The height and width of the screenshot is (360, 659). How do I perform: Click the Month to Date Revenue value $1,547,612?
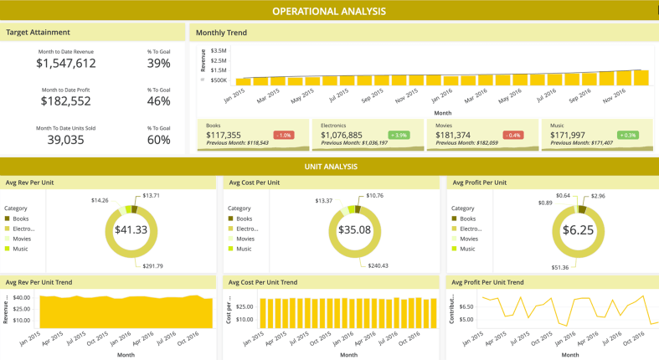click(x=68, y=63)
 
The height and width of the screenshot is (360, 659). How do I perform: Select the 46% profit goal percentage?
click(x=159, y=100)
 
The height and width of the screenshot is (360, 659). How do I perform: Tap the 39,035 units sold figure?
click(x=68, y=140)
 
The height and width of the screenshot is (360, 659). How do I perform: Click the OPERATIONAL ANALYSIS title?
click(x=329, y=11)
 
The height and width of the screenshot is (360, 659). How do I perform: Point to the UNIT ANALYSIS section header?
click(x=329, y=167)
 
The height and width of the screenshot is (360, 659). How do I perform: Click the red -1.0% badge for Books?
click(x=283, y=135)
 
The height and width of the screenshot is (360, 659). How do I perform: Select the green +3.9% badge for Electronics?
click(x=398, y=135)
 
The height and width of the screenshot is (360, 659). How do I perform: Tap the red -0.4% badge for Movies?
click(x=512, y=135)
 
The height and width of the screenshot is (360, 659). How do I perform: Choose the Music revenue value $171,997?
click(x=568, y=135)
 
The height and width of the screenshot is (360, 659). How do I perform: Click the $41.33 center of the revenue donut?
click(x=131, y=229)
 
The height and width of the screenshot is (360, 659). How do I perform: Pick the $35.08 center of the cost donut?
click(x=354, y=229)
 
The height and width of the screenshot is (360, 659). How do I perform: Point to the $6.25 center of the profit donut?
click(x=578, y=229)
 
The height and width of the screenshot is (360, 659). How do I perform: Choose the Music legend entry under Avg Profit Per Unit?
click(x=466, y=249)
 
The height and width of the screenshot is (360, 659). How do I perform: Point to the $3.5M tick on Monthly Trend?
click(x=217, y=51)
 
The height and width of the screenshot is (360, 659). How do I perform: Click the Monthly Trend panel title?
click(x=221, y=33)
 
